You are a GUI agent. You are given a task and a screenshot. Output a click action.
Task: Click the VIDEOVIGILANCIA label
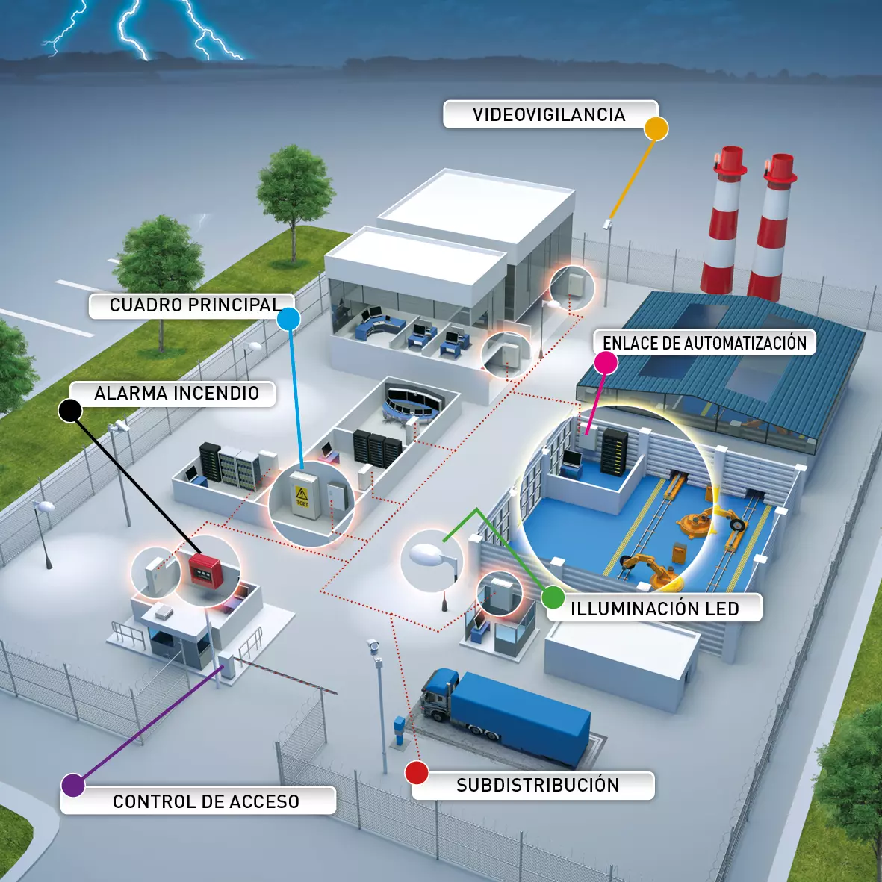[549, 114]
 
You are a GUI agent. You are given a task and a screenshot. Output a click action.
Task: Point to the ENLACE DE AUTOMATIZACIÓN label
[705, 342]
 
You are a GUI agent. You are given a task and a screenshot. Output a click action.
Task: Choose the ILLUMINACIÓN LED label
[655, 608]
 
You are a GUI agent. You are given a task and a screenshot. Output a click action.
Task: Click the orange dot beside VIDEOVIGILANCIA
[656, 128]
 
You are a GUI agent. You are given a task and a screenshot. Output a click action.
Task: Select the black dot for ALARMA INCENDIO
[70, 411]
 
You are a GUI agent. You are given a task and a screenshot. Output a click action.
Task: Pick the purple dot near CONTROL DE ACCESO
[73, 785]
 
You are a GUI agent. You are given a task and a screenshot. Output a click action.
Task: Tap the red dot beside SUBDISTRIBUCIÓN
[417, 772]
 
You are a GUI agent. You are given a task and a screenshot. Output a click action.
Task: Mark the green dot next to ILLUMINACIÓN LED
[553, 597]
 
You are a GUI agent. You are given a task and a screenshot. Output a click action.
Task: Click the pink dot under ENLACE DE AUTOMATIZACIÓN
[606, 363]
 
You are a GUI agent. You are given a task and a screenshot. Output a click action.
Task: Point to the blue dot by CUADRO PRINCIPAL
[289, 319]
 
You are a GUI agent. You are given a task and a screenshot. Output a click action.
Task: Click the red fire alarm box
[205, 570]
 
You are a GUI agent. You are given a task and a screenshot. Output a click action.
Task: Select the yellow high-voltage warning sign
[302, 496]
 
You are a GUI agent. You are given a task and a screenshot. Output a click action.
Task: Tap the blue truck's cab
[438, 694]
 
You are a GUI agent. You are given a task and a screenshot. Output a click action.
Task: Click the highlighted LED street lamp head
[426, 554]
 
